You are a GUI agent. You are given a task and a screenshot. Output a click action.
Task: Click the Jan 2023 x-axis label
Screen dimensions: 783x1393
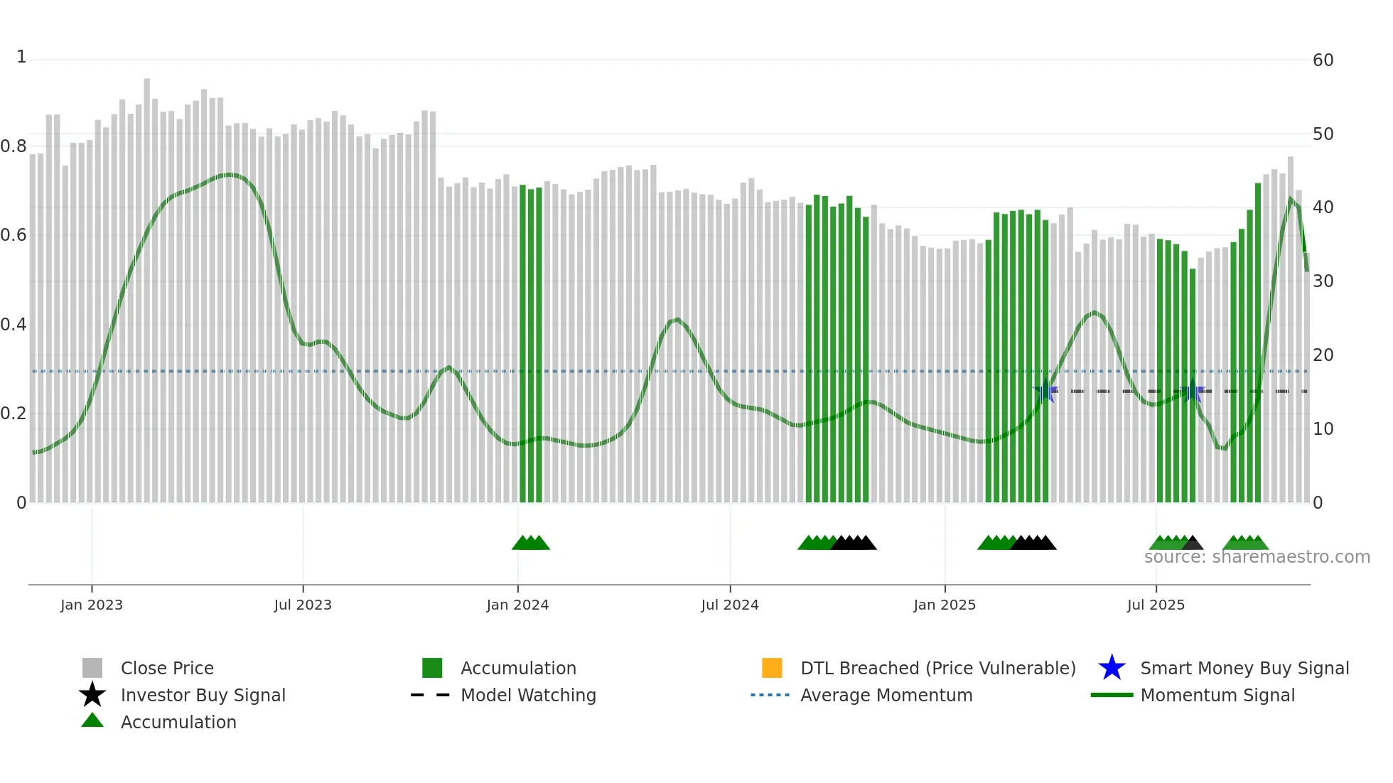point(92,605)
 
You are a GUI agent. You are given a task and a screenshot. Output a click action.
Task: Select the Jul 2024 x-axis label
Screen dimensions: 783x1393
point(730,605)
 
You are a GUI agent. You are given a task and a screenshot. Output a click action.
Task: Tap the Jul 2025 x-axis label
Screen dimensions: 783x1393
point(1156,605)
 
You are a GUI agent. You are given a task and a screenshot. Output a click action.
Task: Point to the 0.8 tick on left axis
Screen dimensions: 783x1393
point(14,146)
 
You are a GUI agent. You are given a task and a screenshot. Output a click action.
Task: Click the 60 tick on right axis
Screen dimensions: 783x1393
point(1323,60)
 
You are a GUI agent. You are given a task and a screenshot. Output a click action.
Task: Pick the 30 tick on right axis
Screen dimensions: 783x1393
point(1323,281)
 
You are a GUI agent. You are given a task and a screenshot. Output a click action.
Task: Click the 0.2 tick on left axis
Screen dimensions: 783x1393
point(14,414)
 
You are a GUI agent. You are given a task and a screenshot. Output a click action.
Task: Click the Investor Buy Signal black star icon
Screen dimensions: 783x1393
point(92,695)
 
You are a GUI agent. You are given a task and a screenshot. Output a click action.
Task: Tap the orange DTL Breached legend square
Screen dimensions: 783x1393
point(772,668)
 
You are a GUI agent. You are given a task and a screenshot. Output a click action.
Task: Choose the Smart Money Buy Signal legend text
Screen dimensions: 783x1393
point(1244,668)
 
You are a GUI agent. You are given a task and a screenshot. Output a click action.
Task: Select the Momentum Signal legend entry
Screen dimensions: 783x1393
point(1217,695)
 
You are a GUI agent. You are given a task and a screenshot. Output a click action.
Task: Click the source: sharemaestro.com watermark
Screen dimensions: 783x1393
point(1257,557)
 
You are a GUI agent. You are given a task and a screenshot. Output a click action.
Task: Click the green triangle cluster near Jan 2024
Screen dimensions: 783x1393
point(531,543)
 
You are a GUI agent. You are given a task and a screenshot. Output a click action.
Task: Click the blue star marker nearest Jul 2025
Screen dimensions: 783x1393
point(1193,391)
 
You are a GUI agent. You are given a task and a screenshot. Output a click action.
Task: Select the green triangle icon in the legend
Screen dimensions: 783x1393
point(92,720)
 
